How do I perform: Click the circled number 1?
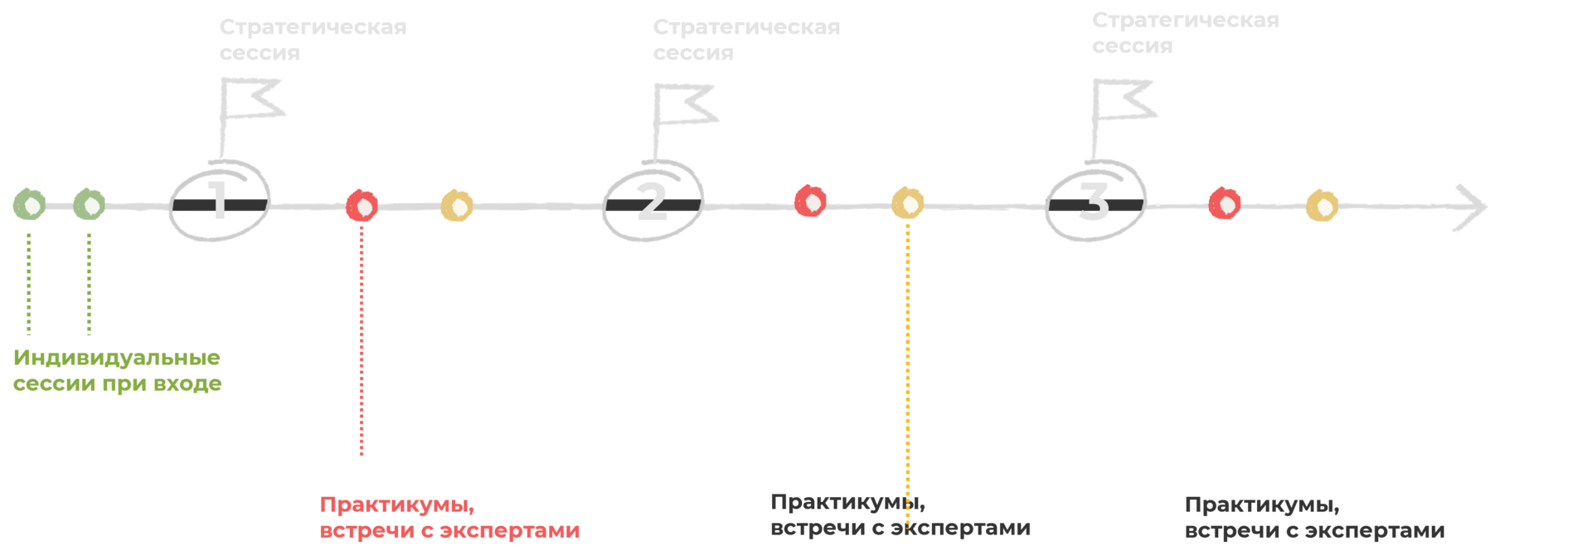pyautogui.click(x=219, y=201)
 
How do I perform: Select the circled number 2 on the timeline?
pyautogui.click(x=652, y=202)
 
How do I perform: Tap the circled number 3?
pyautogui.click(x=1094, y=201)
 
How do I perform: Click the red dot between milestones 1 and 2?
pyautogui.click(x=362, y=205)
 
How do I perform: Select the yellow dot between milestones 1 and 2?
pyautogui.click(x=457, y=206)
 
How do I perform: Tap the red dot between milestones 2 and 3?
pyautogui.click(x=810, y=202)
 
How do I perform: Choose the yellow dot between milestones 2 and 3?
pyautogui.click(x=908, y=203)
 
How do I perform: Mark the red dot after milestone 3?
pyautogui.click(x=1225, y=203)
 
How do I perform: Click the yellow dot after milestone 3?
pyautogui.click(x=1323, y=206)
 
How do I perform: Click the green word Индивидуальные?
pyautogui.click(x=117, y=358)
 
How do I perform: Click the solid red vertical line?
pyautogui.click(x=362, y=340)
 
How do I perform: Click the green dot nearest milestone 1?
pyautogui.click(x=89, y=204)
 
